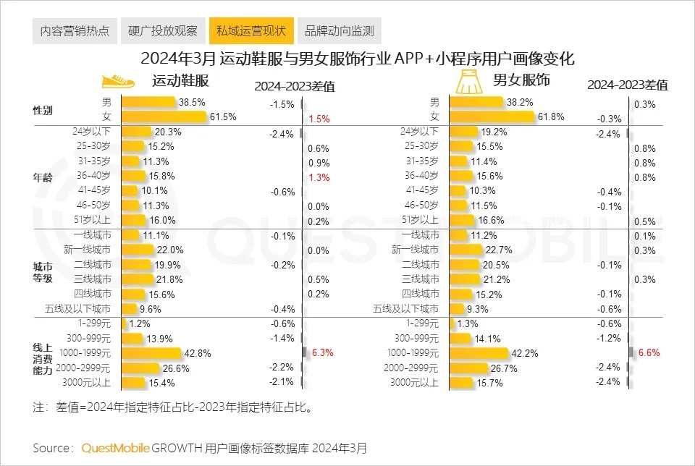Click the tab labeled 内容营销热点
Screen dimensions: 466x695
(75, 31)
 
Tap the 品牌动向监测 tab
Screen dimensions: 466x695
(339, 31)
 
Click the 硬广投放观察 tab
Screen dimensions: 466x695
(162, 31)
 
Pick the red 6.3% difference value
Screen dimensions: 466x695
(322, 353)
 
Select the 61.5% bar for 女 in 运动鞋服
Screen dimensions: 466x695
(164, 117)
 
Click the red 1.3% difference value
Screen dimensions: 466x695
(319, 177)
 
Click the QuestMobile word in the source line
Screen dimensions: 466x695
(115, 448)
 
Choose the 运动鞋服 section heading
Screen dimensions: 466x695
(180, 81)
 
